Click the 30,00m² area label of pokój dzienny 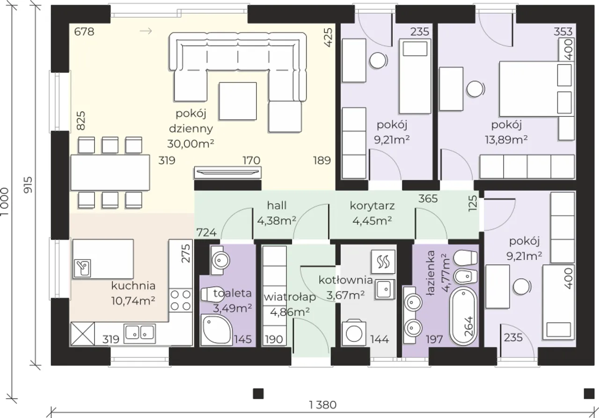tap(190, 144)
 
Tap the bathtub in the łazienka tap(464, 315)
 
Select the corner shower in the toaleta tap(216, 330)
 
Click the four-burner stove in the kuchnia tap(181, 300)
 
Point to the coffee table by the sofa tap(238, 101)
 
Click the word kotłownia tap(346, 280)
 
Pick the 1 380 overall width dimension tap(323, 405)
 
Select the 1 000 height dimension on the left tap(5, 202)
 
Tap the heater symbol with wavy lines tap(383, 262)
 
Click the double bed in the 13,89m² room tap(537, 89)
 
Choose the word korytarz tap(372, 206)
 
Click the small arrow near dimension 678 tap(146, 31)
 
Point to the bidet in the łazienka tap(466, 276)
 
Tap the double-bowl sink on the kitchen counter tap(140, 333)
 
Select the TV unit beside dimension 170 tap(227, 173)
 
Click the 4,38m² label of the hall tap(277, 221)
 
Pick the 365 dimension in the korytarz tap(428, 199)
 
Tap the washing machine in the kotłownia tap(354, 333)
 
